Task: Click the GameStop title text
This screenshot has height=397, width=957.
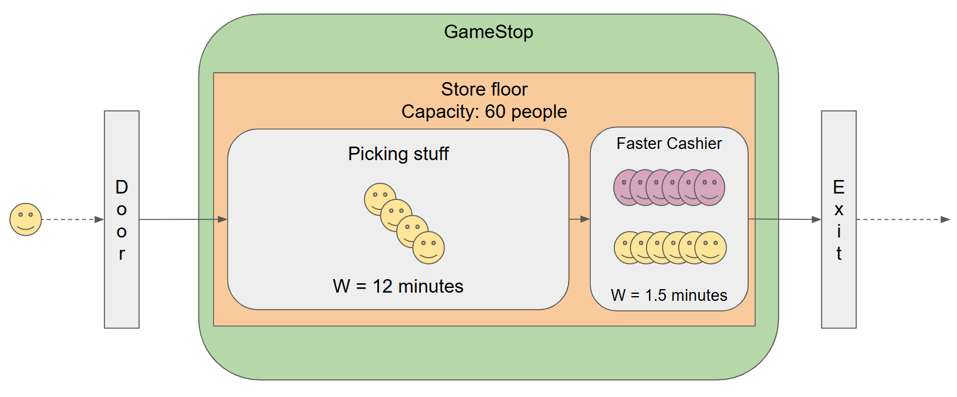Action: pos(488,32)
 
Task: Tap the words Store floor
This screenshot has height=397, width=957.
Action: pos(484,89)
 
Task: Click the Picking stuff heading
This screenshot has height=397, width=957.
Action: pos(398,154)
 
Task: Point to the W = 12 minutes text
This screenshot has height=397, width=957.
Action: pos(398,286)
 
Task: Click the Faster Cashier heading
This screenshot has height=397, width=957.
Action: pos(669,144)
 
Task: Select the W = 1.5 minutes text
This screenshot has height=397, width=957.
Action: pos(669,295)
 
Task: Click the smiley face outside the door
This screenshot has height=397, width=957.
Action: pos(26,219)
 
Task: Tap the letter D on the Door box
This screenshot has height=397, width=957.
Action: pos(121,187)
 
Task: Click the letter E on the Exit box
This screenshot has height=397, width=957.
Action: pos(838,187)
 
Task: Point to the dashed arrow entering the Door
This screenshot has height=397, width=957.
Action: pos(73,219)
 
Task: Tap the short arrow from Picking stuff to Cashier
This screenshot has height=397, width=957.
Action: pos(579,219)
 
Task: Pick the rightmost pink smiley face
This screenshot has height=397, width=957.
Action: pos(710,187)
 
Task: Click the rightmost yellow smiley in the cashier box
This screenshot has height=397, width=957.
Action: pos(711,247)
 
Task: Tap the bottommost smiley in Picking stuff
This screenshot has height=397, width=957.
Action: pos(429,248)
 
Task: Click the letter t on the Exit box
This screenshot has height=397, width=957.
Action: pos(838,253)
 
